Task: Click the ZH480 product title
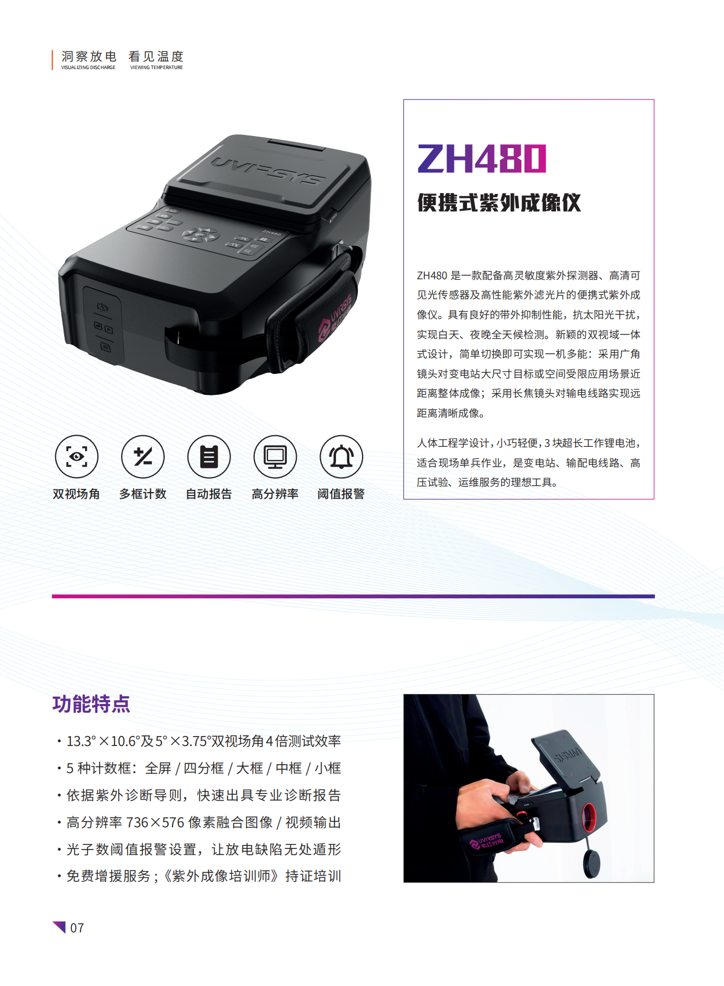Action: point(482,159)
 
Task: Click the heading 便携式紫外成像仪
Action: point(499,203)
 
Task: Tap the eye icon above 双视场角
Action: point(76,457)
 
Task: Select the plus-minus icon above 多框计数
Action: point(143,457)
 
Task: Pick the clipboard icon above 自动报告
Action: point(209,457)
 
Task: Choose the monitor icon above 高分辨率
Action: point(275,457)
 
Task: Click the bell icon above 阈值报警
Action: point(342,457)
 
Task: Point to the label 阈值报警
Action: point(341,494)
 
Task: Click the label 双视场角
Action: point(76,494)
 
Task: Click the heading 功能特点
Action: point(91,704)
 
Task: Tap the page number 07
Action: point(77,928)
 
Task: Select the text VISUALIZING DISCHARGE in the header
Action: point(88,67)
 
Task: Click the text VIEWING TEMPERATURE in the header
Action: point(156,67)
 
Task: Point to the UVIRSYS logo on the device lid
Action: point(267,170)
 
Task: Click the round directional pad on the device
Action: point(200,236)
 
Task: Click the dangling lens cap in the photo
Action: point(592,863)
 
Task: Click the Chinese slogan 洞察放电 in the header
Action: point(89,56)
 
